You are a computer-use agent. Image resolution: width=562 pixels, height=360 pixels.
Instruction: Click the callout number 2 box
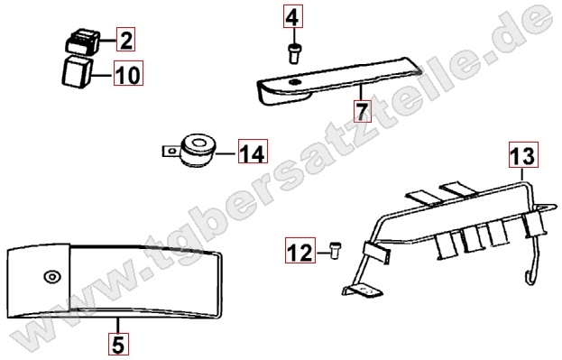125,40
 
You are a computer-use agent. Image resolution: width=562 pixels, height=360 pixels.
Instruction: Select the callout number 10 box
128,73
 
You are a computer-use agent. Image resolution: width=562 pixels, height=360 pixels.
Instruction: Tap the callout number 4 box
293,16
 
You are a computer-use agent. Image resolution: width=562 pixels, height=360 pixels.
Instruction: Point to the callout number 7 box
362,111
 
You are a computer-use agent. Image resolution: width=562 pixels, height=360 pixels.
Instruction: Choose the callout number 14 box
253,151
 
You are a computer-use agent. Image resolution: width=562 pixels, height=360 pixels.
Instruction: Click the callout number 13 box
523,154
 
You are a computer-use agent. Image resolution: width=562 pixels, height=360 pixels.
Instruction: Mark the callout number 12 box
300,250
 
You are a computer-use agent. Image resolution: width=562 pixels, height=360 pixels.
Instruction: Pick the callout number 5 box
118,344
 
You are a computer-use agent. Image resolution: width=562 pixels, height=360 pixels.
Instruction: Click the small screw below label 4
294,53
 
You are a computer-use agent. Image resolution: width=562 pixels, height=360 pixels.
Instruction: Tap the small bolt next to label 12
335,250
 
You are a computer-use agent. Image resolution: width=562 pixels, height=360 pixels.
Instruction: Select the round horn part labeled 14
198,151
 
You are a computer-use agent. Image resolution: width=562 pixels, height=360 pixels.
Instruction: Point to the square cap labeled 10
77,71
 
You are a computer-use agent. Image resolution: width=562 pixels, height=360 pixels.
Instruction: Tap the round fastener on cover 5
52,277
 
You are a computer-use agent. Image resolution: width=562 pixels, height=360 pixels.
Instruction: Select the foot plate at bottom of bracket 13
363,291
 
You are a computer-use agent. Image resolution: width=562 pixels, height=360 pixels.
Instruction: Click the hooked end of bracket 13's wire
530,278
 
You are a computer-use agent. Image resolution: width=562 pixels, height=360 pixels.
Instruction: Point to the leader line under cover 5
118,325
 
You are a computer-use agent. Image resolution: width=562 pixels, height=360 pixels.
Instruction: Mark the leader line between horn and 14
227,153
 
